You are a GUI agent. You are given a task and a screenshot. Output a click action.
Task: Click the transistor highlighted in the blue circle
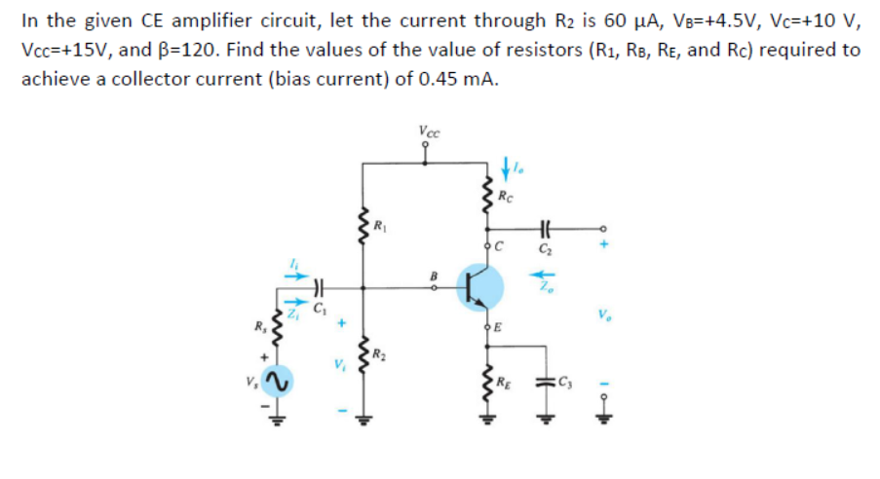[x=479, y=286]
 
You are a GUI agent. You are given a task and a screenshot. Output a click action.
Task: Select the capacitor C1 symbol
[x=316, y=287]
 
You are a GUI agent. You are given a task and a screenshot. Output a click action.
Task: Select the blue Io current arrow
[x=504, y=168]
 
